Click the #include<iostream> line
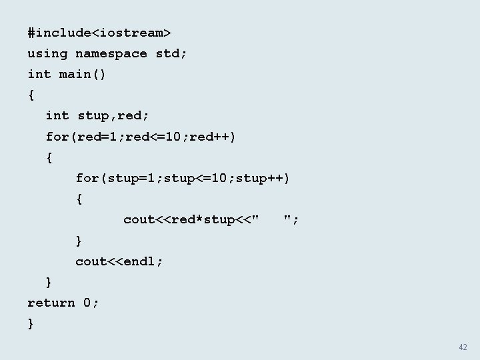coord(99,32)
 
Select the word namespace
coord(111,53)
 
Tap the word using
coord(47,53)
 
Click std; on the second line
coord(171,53)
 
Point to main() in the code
coord(83,74)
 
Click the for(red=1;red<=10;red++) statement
coord(141,137)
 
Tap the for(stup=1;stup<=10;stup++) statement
coord(183,178)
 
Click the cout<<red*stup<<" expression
coord(192,219)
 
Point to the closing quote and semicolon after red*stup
coord(291,219)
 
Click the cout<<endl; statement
coord(119,261)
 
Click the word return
coord(51,303)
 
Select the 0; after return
coord(91,303)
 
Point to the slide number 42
coord(463,347)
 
